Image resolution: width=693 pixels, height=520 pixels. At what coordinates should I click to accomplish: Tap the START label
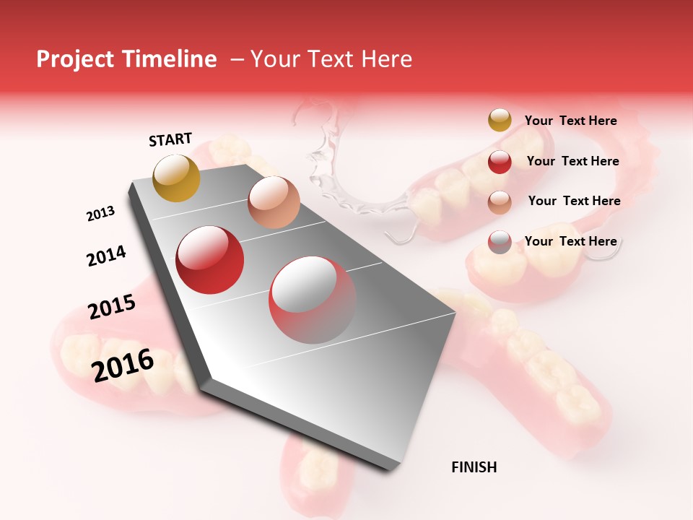(x=170, y=139)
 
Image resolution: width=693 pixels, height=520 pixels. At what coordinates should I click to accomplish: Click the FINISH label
(x=474, y=467)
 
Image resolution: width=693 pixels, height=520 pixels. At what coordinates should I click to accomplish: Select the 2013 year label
(x=100, y=214)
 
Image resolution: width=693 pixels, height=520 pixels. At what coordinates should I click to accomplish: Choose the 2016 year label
(x=123, y=365)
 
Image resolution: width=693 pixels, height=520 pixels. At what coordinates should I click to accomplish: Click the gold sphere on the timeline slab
(x=176, y=178)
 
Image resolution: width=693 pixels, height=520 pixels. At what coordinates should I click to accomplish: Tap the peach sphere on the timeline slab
(x=274, y=201)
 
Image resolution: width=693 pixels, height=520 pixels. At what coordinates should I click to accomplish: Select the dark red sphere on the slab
(x=210, y=260)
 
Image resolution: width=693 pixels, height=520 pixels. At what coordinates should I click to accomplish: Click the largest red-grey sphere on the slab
(x=312, y=300)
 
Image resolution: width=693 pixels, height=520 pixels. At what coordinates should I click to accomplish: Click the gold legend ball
(x=500, y=120)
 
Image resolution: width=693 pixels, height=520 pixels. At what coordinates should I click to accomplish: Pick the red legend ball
(x=500, y=162)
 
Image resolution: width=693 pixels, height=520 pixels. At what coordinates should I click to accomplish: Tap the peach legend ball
(x=500, y=201)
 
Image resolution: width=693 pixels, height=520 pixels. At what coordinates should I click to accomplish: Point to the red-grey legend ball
(x=500, y=242)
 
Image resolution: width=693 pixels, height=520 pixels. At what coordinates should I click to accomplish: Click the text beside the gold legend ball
(x=570, y=121)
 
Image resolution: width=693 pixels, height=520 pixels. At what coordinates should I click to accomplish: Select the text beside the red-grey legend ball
(x=570, y=241)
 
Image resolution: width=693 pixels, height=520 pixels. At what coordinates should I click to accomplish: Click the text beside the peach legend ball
(x=574, y=201)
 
